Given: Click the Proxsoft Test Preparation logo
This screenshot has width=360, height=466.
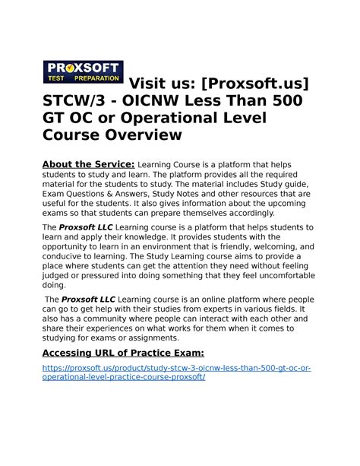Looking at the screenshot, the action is click(84, 71).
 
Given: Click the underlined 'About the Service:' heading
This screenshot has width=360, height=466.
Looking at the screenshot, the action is click(88, 165).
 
